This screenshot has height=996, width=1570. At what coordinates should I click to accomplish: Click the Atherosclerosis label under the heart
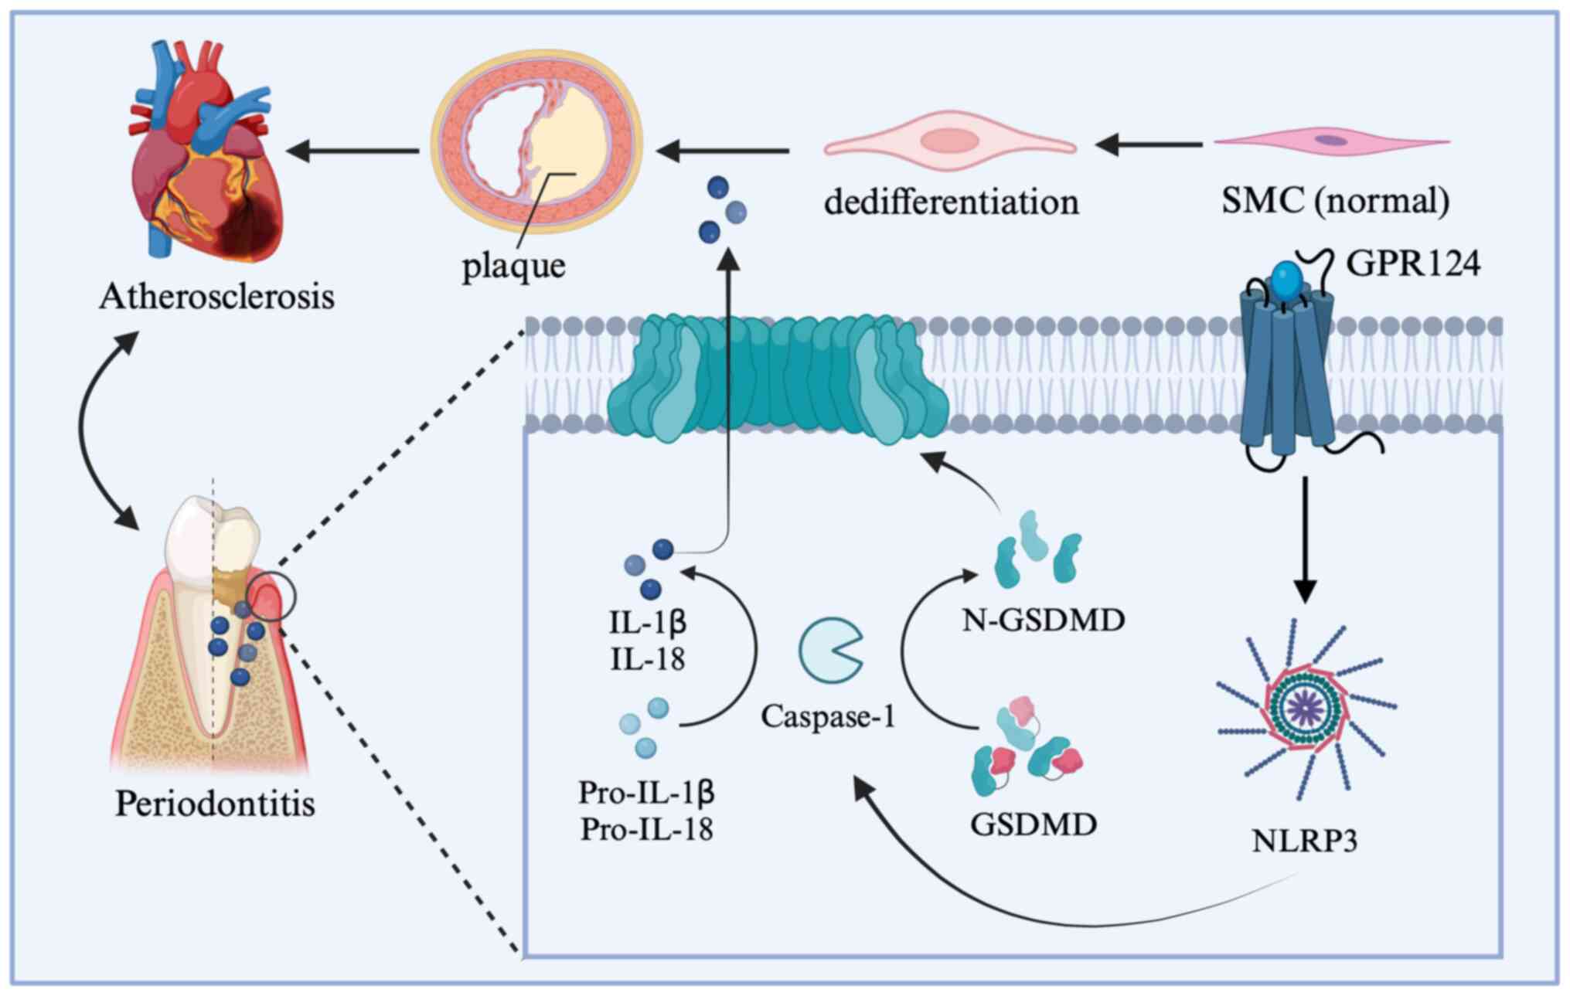216,297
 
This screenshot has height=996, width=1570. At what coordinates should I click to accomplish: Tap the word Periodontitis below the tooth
215,804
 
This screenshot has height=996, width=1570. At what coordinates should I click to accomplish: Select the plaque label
513,267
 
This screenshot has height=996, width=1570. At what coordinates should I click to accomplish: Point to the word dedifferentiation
951,202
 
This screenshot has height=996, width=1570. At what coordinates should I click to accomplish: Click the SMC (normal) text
1335,201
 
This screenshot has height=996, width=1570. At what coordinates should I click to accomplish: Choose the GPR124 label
1413,263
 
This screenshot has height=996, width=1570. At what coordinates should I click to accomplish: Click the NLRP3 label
1304,841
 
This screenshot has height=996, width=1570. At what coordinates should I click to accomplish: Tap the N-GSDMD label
1043,620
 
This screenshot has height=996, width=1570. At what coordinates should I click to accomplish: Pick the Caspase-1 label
828,716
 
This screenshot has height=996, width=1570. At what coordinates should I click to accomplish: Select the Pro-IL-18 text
646,830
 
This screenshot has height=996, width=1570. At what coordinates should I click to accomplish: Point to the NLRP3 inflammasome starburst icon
1306,707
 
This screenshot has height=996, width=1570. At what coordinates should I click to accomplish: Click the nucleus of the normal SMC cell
1331,141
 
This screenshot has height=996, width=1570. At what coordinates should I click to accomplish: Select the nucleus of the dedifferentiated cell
950,141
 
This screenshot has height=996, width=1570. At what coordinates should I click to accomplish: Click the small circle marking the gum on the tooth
272,597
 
